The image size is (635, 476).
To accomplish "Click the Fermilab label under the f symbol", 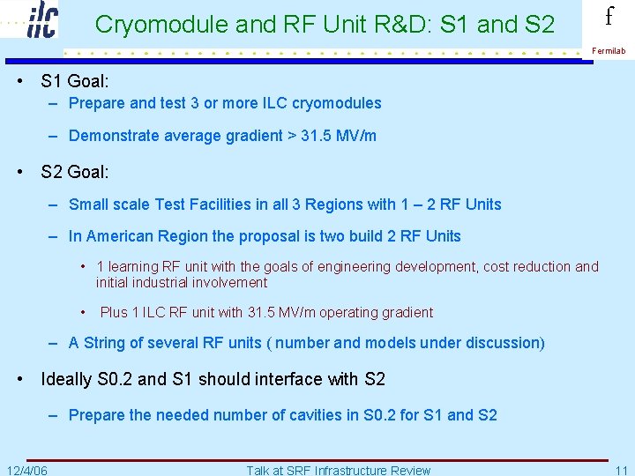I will (x=609, y=51).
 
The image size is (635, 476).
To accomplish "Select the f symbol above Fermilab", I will (x=609, y=17).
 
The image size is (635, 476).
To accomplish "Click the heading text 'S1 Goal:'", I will (x=75, y=82).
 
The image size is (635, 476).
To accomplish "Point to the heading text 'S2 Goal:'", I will (x=75, y=172).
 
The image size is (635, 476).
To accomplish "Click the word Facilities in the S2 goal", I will (x=228, y=205).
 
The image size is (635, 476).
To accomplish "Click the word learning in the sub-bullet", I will (x=135, y=266).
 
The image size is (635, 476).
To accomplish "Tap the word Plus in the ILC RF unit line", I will (x=116, y=312).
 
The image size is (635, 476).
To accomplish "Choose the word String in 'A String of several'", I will (x=108, y=343).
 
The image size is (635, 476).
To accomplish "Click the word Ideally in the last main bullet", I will (x=66, y=379).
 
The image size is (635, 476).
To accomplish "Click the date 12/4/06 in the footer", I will (x=27, y=470).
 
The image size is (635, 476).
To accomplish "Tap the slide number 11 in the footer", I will (x=622, y=470).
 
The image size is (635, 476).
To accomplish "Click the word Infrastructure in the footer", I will (x=356, y=470).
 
